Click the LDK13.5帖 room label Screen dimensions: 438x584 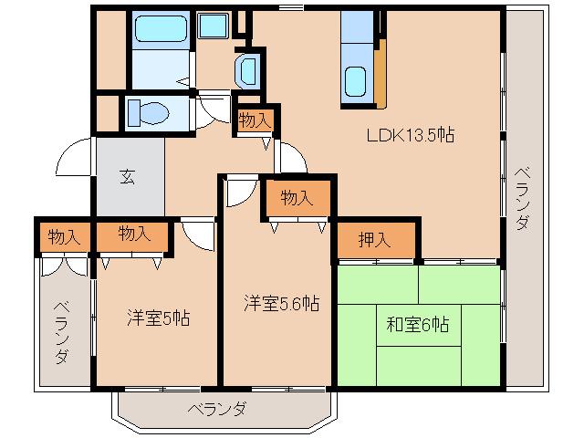pos(411,135)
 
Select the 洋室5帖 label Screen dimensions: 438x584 pos(158,318)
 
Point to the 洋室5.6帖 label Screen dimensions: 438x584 pos(281,303)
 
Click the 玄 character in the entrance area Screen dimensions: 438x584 pos(127,177)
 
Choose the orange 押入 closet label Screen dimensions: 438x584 pos(374,241)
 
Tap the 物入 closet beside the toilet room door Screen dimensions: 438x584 pos(254,120)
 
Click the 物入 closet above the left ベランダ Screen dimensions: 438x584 pos(62,236)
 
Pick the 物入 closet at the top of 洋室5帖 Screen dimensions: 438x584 pos(134,235)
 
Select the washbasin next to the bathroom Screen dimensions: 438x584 pos(247,70)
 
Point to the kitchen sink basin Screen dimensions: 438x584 pos(357,84)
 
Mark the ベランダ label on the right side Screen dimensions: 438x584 pos(521,198)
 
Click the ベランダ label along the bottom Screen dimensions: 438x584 pos(217,409)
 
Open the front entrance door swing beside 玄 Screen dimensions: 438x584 pos(75,161)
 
